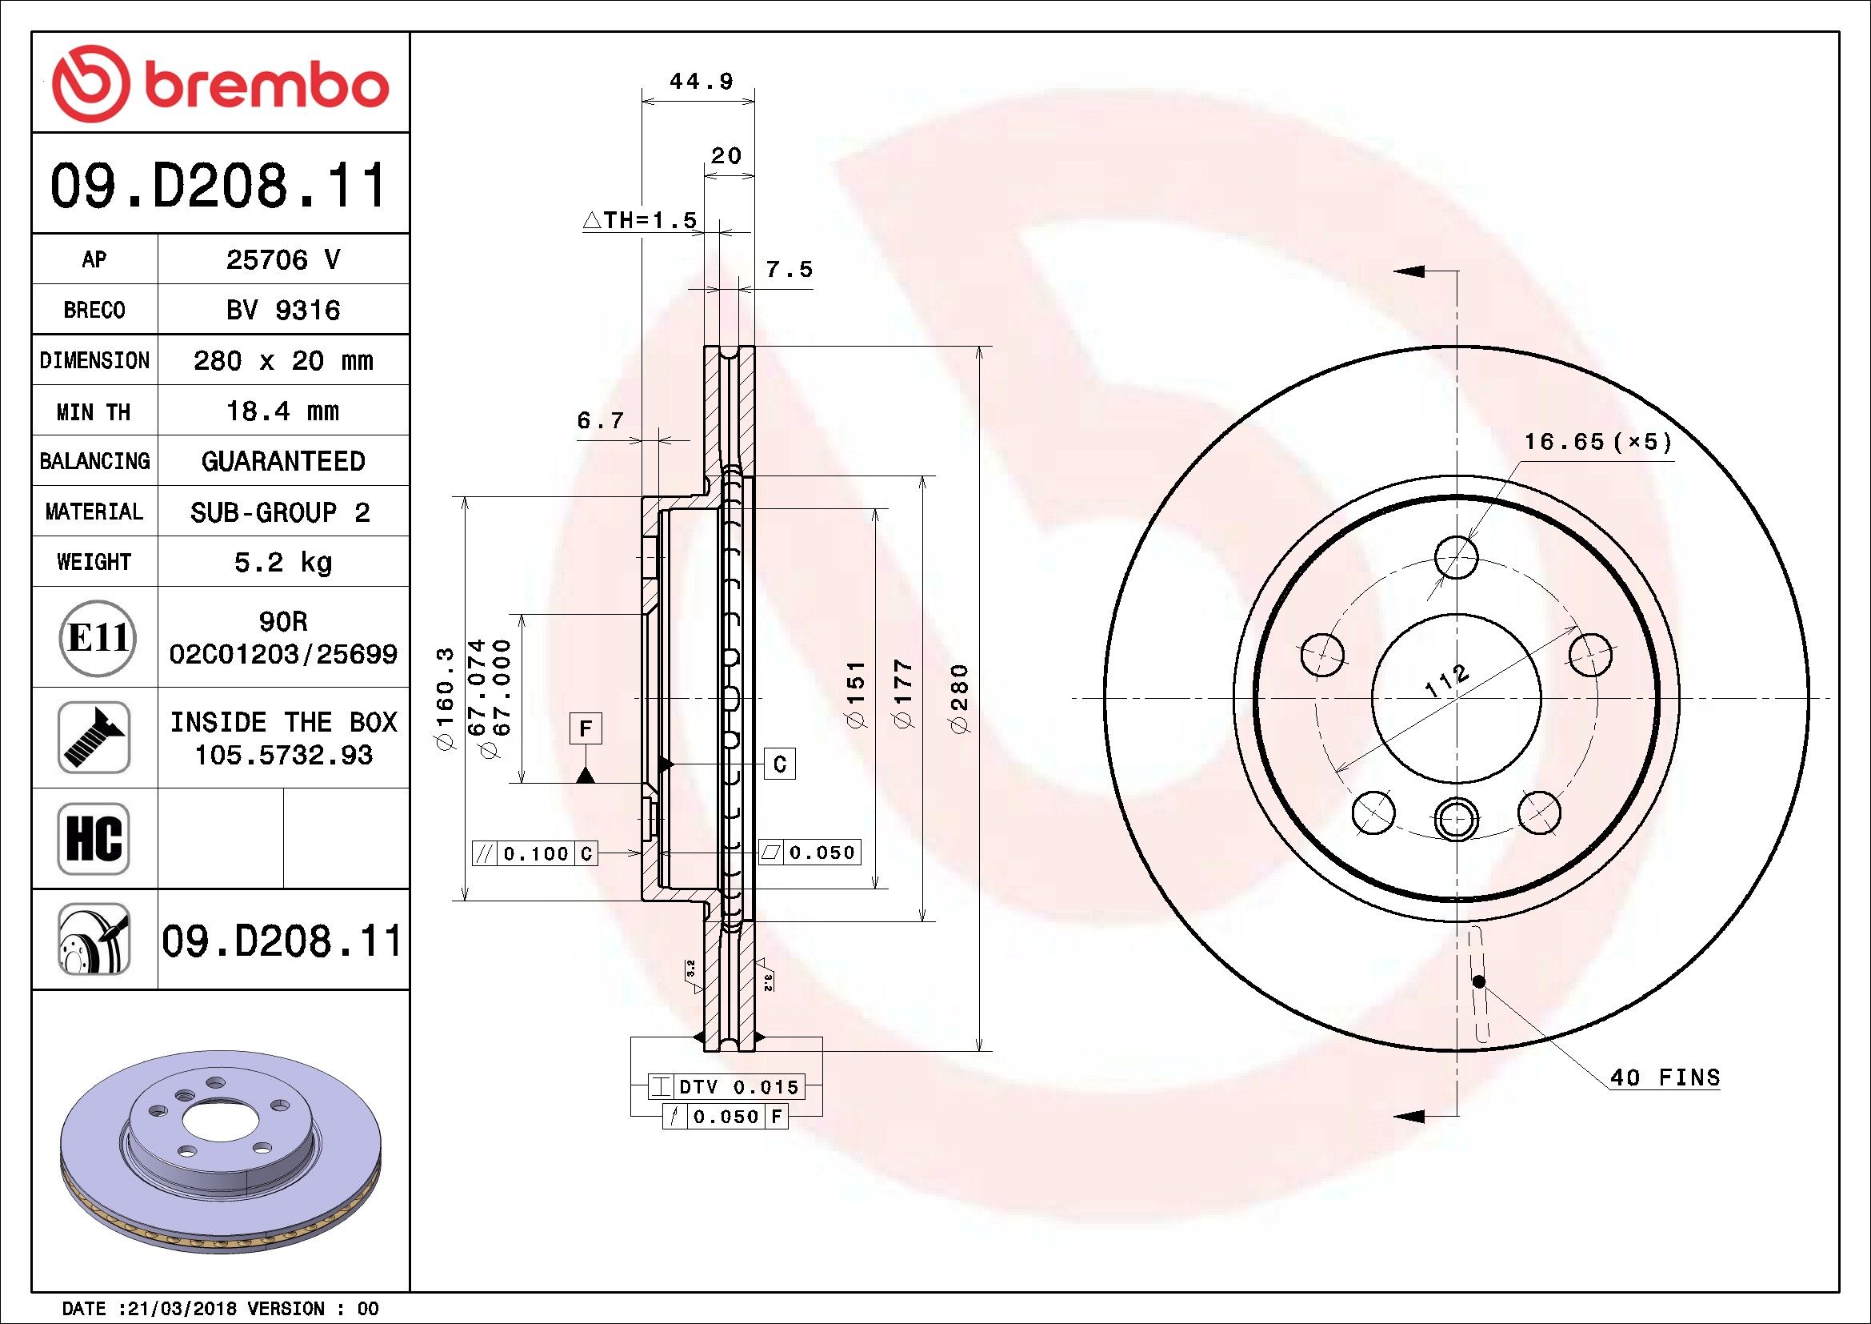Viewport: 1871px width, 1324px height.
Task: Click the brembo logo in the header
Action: pyautogui.click(x=219, y=84)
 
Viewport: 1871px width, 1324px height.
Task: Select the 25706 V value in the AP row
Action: pyautogui.click(x=282, y=260)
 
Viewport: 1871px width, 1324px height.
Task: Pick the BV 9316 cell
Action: pyautogui.click(x=282, y=311)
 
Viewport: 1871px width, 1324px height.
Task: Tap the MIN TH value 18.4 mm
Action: pyautogui.click(x=282, y=411)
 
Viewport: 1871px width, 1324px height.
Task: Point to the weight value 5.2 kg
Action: pyautogui.click(x=282, y=563)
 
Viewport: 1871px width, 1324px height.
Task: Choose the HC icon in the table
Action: pyautogui.click(x=94, y=839)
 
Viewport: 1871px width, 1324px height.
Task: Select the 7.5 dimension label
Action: pyautogui.click(x=789, y=269)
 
